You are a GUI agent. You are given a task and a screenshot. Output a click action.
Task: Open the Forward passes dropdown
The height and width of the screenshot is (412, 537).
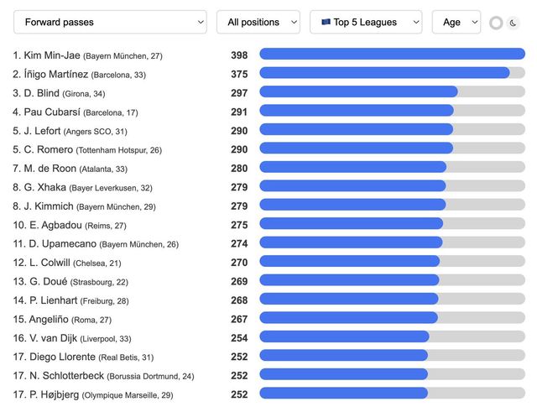click(110, 22)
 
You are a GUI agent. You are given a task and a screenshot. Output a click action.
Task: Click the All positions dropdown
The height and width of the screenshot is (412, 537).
click(258, 22)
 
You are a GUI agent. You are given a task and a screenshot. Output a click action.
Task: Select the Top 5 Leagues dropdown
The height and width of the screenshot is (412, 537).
click(366, 22)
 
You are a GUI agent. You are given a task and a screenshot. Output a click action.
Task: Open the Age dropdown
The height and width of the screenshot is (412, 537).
click(456, 22)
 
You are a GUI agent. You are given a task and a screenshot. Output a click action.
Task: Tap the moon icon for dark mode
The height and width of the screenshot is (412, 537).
click(514, 23)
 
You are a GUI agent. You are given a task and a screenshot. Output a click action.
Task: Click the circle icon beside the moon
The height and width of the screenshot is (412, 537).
click(496, 23)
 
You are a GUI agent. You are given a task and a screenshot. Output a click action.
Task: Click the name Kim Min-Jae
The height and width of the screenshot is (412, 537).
click(52, 55)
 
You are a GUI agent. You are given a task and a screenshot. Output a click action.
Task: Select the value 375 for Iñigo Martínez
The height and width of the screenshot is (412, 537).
click(239, 74)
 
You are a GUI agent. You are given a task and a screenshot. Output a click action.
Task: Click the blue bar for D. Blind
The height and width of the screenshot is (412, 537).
click(358, 92)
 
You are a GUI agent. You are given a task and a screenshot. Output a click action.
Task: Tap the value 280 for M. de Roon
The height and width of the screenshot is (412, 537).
click(239, 168)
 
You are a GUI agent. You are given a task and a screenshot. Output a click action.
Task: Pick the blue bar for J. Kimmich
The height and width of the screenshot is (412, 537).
click(352, 206)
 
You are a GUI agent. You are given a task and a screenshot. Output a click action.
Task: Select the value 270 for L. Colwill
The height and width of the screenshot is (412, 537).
click(239, 262)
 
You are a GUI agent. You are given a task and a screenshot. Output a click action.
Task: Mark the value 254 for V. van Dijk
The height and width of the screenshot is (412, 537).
click(239, 337)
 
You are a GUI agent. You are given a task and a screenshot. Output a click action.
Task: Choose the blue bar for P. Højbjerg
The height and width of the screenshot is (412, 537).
click(343, 394)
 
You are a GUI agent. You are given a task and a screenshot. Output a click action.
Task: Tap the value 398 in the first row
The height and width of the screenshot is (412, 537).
click(239, 55)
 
